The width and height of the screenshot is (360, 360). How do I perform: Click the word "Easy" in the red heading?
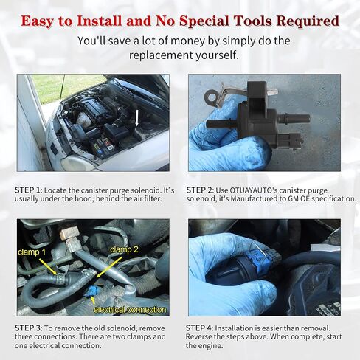pos(38,21)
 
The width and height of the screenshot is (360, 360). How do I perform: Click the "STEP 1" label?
pos(27,190)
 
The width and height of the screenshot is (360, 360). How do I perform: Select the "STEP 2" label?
pos(199,190)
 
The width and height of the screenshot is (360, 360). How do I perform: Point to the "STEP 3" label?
pos(28,328)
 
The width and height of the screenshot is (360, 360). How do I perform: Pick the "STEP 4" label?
pos(199,328)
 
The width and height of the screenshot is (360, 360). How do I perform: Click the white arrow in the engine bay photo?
pos(137,118)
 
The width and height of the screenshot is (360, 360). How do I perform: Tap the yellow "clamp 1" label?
pos(32,252)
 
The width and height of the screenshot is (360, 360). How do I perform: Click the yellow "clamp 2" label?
pos(124,249)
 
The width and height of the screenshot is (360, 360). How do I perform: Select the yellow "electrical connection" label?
pos(130,310)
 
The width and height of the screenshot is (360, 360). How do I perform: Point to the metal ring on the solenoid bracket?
pos(211,96)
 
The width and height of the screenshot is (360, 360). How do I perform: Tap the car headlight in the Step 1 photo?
pos(75,163)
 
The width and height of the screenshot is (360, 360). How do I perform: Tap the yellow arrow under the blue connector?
pos(93,300)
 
